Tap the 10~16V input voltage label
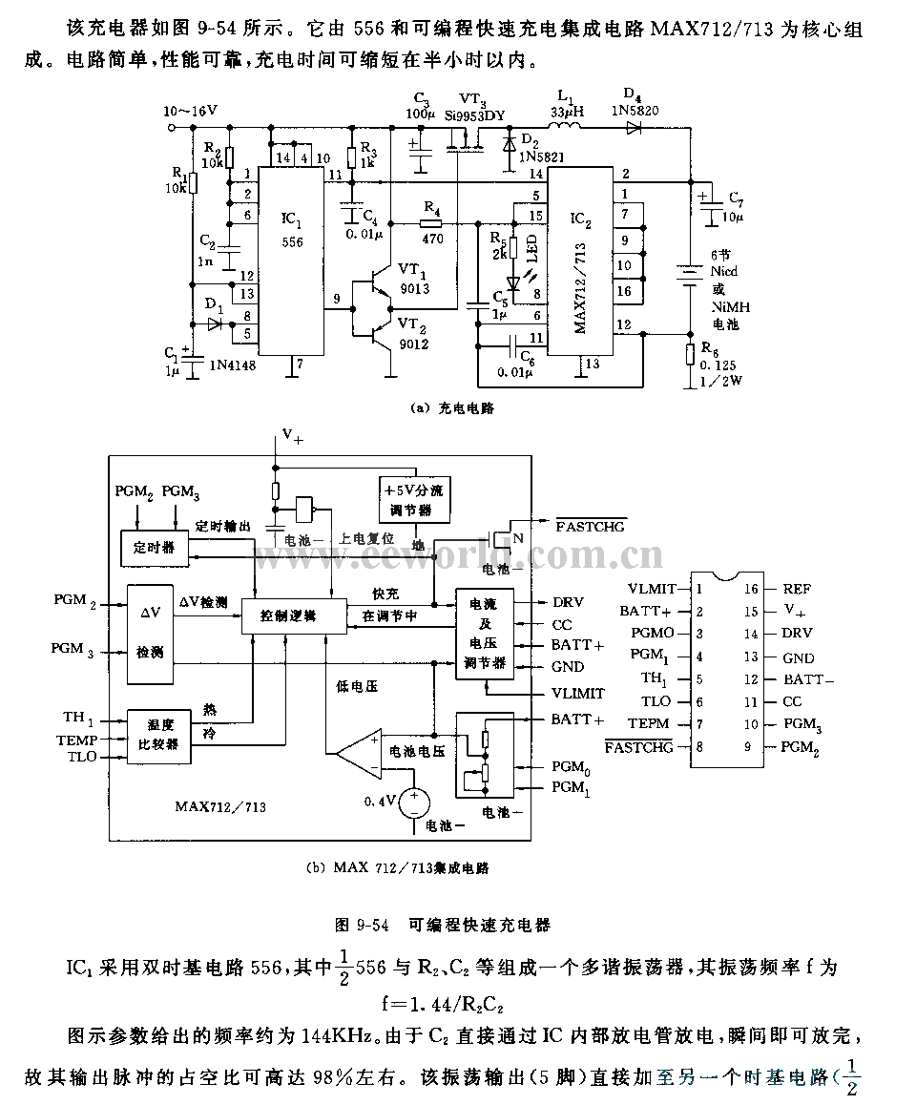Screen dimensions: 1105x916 [191, 111]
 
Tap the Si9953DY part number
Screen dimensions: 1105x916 [474, 115]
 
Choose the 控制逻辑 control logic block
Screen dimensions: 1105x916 [288, 615]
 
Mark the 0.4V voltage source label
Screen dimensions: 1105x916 [379, 802]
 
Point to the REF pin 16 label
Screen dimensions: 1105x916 [797, 589]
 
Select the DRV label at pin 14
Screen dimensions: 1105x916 [798, 634]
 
